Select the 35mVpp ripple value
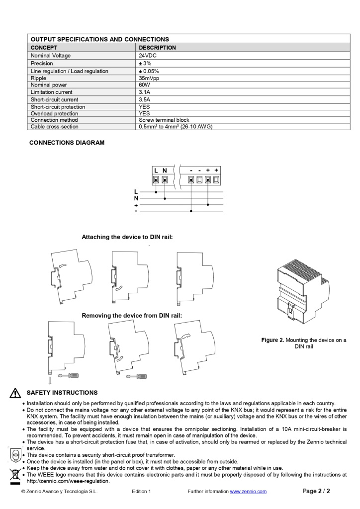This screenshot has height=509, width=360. (149, 78)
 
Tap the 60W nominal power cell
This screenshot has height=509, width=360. (145, 85)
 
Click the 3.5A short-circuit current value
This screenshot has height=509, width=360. (144, 99)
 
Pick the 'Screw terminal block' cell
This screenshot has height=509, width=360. (164, 120)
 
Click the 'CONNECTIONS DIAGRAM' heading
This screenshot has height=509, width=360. (67, 143)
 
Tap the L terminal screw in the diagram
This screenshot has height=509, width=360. (156, 180)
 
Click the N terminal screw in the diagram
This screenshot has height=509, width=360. (165, 180)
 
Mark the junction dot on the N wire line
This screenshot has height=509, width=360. (165, 198)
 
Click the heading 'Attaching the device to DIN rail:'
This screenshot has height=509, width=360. (127, 237)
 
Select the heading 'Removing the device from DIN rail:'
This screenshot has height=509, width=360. (132, 316)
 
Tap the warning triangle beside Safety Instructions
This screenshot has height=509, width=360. (15, 393)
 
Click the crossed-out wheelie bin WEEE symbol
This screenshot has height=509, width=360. (14, 475)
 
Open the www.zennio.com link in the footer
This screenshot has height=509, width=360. (248, 492)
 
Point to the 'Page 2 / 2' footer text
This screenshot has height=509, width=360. (316, 491)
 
